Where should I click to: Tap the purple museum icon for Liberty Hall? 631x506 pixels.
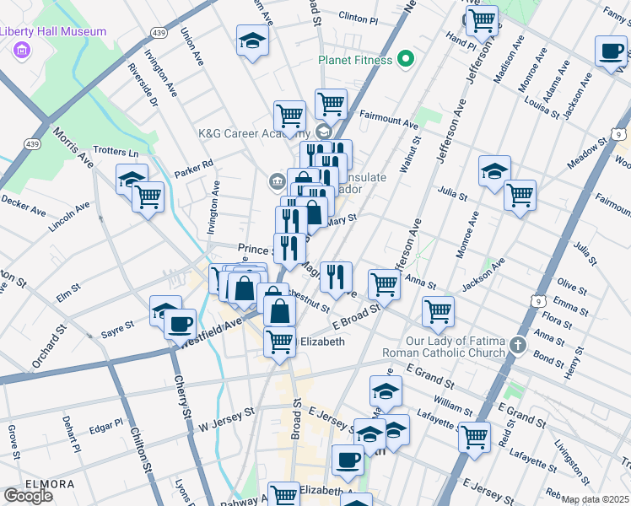[20, 50]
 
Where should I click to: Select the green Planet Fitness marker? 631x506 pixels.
[406, 59]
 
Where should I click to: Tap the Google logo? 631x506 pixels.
[29, 496]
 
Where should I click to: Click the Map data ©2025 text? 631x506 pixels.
[596, 499]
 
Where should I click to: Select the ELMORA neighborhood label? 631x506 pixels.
[38, 485]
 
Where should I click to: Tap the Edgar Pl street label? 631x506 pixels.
[106, 424]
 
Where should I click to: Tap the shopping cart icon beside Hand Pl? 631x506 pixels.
[482, 19]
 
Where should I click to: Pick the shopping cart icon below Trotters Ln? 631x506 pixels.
[148, 196]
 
